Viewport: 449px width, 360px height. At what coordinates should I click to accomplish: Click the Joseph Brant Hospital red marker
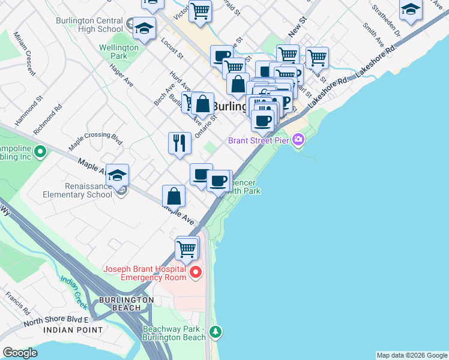196,273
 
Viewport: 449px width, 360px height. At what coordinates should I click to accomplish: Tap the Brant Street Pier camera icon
298,140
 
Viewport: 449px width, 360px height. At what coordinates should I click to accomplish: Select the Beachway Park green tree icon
215,331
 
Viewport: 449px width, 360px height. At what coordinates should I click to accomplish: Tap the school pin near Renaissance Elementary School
117,175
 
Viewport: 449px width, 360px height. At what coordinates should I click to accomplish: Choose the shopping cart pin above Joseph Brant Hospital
187,248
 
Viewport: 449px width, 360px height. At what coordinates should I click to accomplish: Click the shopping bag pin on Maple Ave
173,196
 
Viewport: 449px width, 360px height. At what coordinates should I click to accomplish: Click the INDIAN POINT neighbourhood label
73,330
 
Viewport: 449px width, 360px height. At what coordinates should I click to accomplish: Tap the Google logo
20,353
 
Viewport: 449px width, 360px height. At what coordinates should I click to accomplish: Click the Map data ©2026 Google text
411,355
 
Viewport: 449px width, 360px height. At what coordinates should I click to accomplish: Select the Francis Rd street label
16,304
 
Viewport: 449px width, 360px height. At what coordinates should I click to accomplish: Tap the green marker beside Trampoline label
40,151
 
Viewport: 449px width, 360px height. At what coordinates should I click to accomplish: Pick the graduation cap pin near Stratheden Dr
411,10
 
